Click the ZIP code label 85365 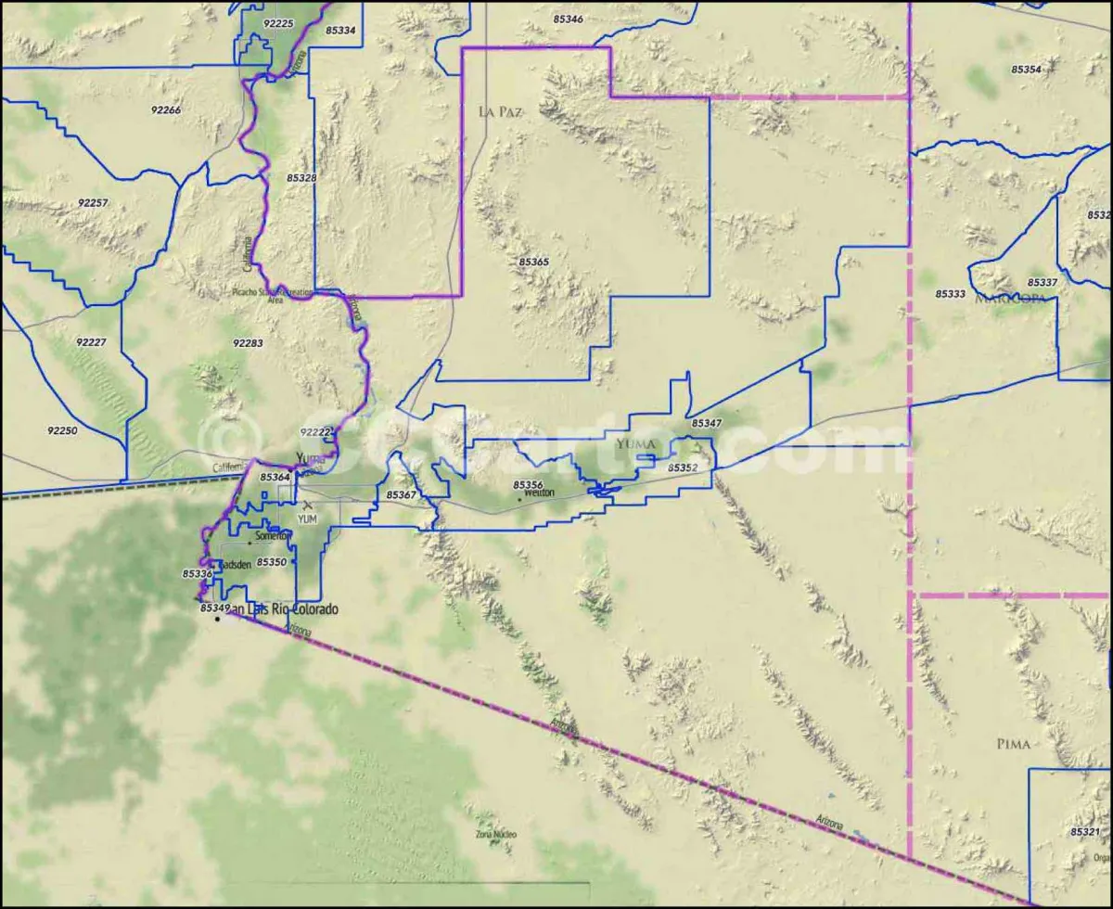click(533, 262)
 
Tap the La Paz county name click(500, 111)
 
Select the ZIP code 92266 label click(166, 109)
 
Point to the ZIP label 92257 click(93, 202)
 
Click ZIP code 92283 click(248, 343)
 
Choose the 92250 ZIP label click(62, 430)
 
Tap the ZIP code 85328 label click(301, 177)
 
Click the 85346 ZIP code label click(568, 19)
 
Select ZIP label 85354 click(1026, 70)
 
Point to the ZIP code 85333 click(951, 293)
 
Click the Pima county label click(1013, 744)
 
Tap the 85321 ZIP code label click(1084, 832)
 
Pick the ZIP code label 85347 click(706, 423)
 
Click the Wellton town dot click(519, 499)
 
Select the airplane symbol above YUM click(308, 505)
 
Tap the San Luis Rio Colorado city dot click(217, 619)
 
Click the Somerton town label click(274, 535)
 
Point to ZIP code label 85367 click(402, 495)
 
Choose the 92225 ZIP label click(278, 23)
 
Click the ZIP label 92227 click(91, 342)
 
